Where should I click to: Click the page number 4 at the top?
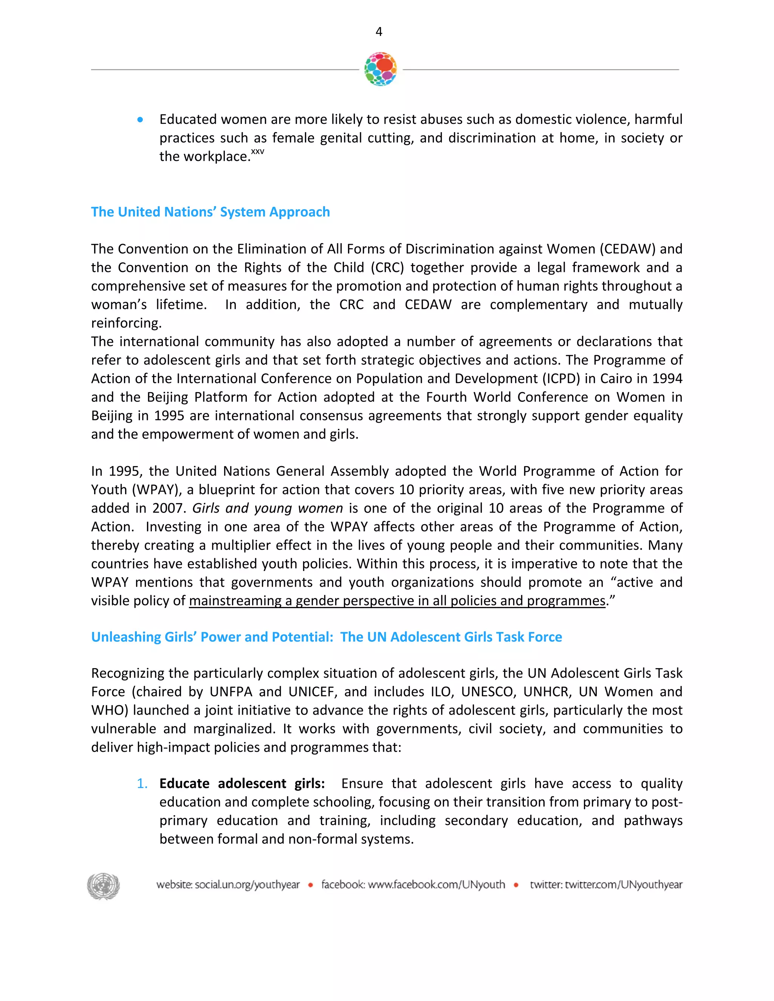(x=379, y=32)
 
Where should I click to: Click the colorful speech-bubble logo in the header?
(x=380, y=69)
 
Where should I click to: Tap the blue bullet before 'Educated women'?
(x=140, y=120)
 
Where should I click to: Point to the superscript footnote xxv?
(x=257, y=152)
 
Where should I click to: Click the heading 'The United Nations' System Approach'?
(x=211, y=212)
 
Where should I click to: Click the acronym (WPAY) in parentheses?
(x=157, y=490)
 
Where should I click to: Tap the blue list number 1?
(x=142, y=784)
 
